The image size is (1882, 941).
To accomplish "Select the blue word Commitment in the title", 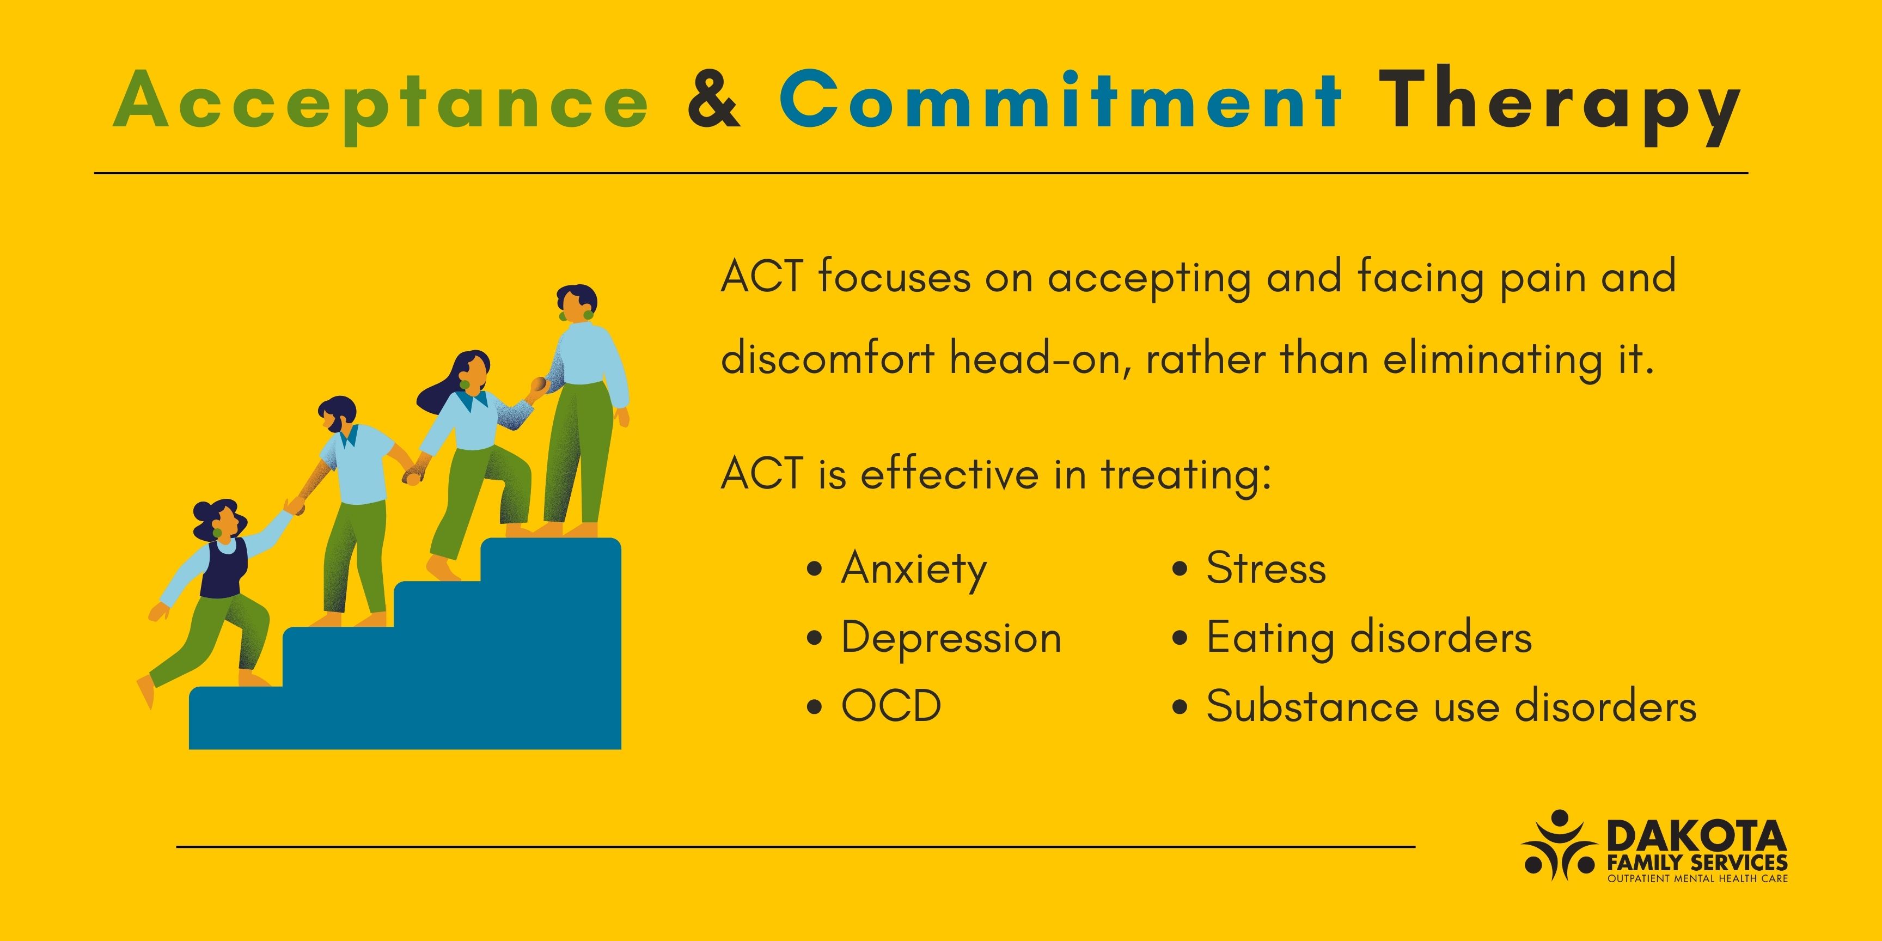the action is (1059, 99).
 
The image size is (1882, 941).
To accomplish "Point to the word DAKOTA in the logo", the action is (1696, 836).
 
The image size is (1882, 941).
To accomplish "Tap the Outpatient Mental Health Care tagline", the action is (1697, 878).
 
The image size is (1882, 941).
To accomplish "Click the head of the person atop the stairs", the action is (578, 302).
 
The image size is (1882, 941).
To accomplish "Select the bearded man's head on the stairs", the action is (338, 414).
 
